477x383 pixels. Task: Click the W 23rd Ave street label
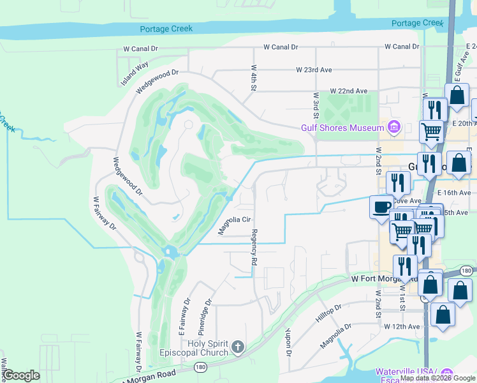[x=314, y=70]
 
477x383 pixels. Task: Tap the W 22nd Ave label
[x=349, y=91]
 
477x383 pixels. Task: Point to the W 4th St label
[x=253, y=76]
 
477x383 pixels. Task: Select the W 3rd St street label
[x=316, y=105]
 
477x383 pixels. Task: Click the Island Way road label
[x=135, y=73]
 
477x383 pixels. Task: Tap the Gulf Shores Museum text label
[x=342, y=128]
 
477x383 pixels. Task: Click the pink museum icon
[x=393, y=128]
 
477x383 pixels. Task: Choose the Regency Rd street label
[x=254, y=247]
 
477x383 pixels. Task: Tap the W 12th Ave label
[x=403, y=326]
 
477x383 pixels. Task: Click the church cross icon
[x=237, y=347]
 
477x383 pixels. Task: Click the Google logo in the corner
[x=21, y=375]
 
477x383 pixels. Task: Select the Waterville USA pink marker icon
[x=446, y=373]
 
